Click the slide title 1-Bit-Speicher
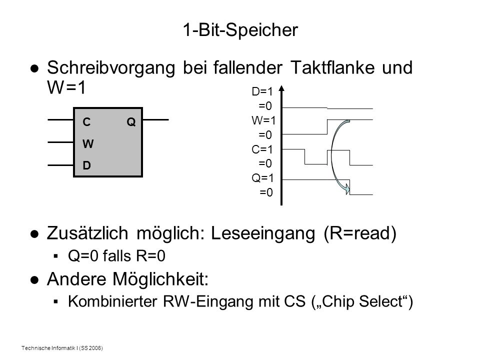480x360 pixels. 240,30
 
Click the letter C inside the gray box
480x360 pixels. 86,122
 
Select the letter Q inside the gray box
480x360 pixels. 131,122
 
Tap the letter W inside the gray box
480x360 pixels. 88,143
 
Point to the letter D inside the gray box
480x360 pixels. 86,165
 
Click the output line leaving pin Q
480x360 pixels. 156,119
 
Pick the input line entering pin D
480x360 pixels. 60,165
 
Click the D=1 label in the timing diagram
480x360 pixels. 262,91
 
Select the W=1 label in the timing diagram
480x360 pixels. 263,120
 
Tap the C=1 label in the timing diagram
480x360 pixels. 262,149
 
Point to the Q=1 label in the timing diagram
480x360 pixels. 262,178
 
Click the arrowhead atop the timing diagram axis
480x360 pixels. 281,88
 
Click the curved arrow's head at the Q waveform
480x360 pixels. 347,188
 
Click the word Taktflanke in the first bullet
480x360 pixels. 332,67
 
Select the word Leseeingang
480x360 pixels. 263,233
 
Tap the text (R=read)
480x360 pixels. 360,233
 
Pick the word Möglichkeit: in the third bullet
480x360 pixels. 160,279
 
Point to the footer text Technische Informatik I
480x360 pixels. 49,348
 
